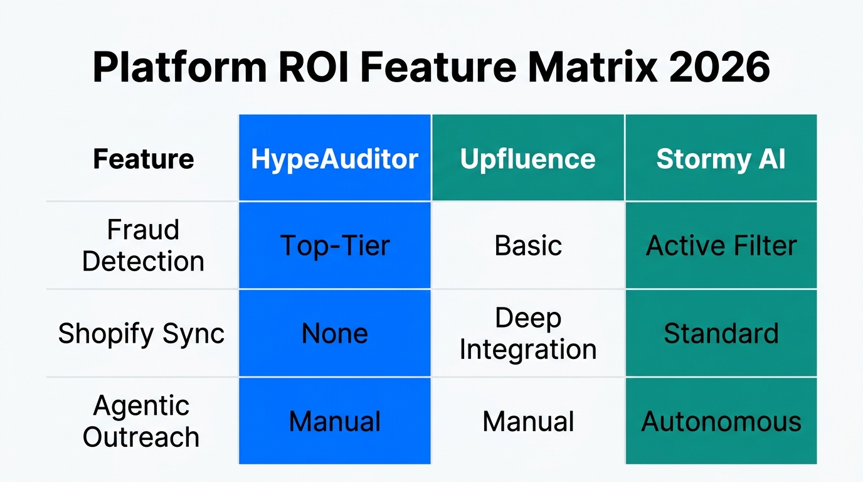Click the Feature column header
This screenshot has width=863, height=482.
[x=143, y=159]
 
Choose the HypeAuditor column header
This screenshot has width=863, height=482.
[x=334, y=159]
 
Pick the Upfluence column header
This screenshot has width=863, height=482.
[x=527, y=159]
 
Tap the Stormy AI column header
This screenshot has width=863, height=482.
[x=721, y=159]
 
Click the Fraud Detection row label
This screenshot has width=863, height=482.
[x=143, y=245]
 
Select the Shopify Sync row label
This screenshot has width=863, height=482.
[x=141, y=333]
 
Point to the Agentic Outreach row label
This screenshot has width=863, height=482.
[x=141, y=421]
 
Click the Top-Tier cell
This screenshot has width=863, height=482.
[x=334, y=245]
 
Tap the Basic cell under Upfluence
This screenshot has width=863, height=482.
[x=527, y=245]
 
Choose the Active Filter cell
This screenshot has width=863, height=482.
[x=721, y=245]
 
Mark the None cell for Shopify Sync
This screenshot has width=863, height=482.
[x=334, y=333]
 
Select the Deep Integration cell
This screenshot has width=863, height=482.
[x=527, y=333]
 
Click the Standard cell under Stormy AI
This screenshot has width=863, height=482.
[x=721, y=333]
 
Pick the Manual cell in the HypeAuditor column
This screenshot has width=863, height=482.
[x=334, y=421]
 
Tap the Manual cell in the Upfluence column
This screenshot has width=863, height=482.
[x=527, y=421]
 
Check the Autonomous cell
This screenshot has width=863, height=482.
[x=721, y=421]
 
